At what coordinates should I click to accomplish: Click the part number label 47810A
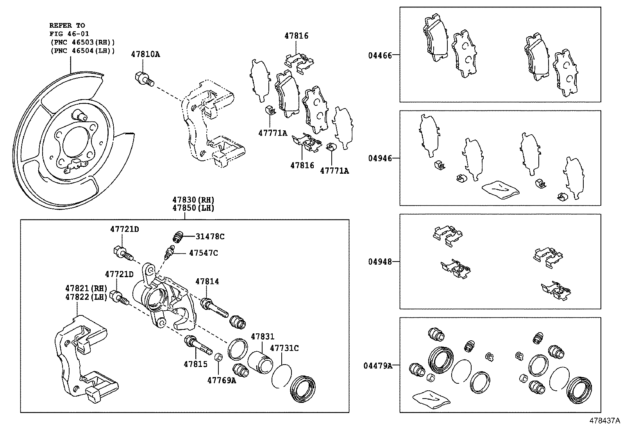145,54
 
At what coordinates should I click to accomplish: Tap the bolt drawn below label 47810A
145,78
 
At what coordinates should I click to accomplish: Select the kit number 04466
379,55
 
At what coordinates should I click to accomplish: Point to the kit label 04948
379,262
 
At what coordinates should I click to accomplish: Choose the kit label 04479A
377,366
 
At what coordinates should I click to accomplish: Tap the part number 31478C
210,236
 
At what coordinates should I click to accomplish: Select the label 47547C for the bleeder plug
203,253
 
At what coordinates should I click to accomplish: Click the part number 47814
207,281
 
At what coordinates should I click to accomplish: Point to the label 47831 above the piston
263,336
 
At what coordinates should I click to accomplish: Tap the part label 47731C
284,348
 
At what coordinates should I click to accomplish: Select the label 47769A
222,380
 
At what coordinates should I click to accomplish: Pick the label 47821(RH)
86,288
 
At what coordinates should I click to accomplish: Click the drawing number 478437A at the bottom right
605,421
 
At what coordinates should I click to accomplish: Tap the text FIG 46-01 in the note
69,34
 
